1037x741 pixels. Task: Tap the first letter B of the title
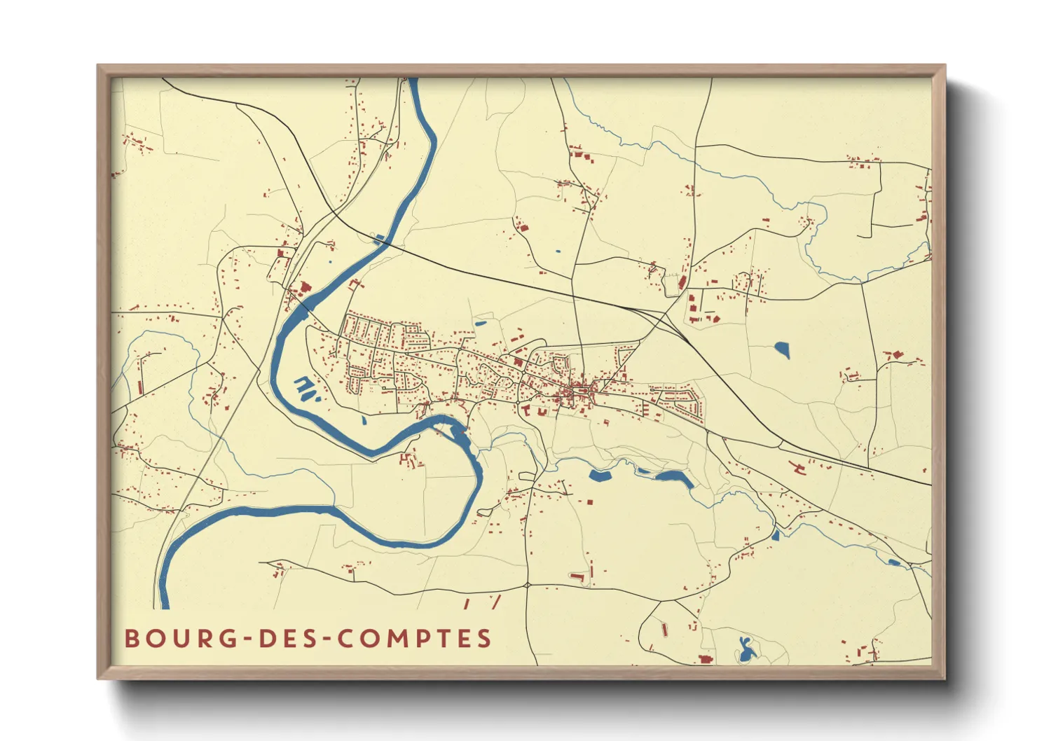[131, 639]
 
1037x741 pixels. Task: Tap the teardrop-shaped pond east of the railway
[782, 349]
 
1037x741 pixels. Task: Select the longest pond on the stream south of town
[674, 478]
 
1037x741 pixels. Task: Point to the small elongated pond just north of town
[480, 324]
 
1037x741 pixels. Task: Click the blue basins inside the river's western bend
[305, 387]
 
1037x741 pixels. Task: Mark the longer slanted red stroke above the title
[495, 602]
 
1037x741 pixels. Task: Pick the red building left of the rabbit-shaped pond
[705, 659]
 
